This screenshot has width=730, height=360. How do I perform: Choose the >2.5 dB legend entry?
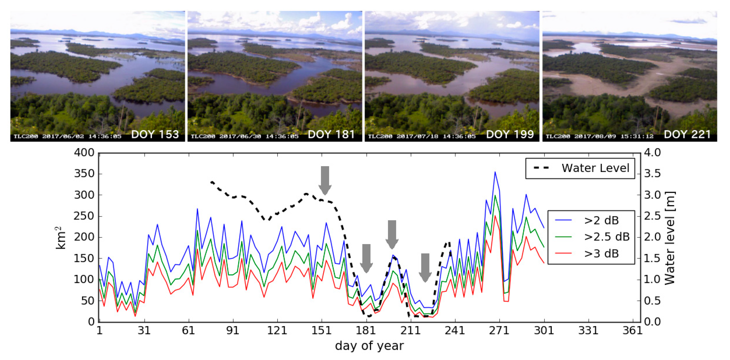tap(606, 237)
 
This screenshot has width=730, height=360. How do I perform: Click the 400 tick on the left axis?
tap(84, 153)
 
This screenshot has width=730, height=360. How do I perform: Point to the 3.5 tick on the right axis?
tap(652, 174)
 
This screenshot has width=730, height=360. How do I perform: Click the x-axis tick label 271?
tap(499, 330)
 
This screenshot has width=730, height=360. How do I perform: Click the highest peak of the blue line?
tap(495, 172)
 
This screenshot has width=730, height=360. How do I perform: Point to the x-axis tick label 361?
tap(632, 330)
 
